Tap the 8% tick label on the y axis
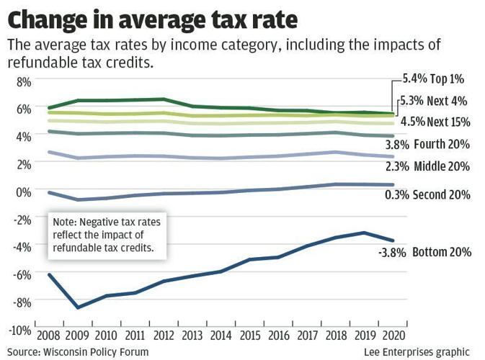point(23,82)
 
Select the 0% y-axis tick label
point(23,192)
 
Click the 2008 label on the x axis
point(48,336)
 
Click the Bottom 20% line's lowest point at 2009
point(78,307)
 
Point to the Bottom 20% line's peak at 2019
point(364,233)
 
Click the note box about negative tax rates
point(106,235)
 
